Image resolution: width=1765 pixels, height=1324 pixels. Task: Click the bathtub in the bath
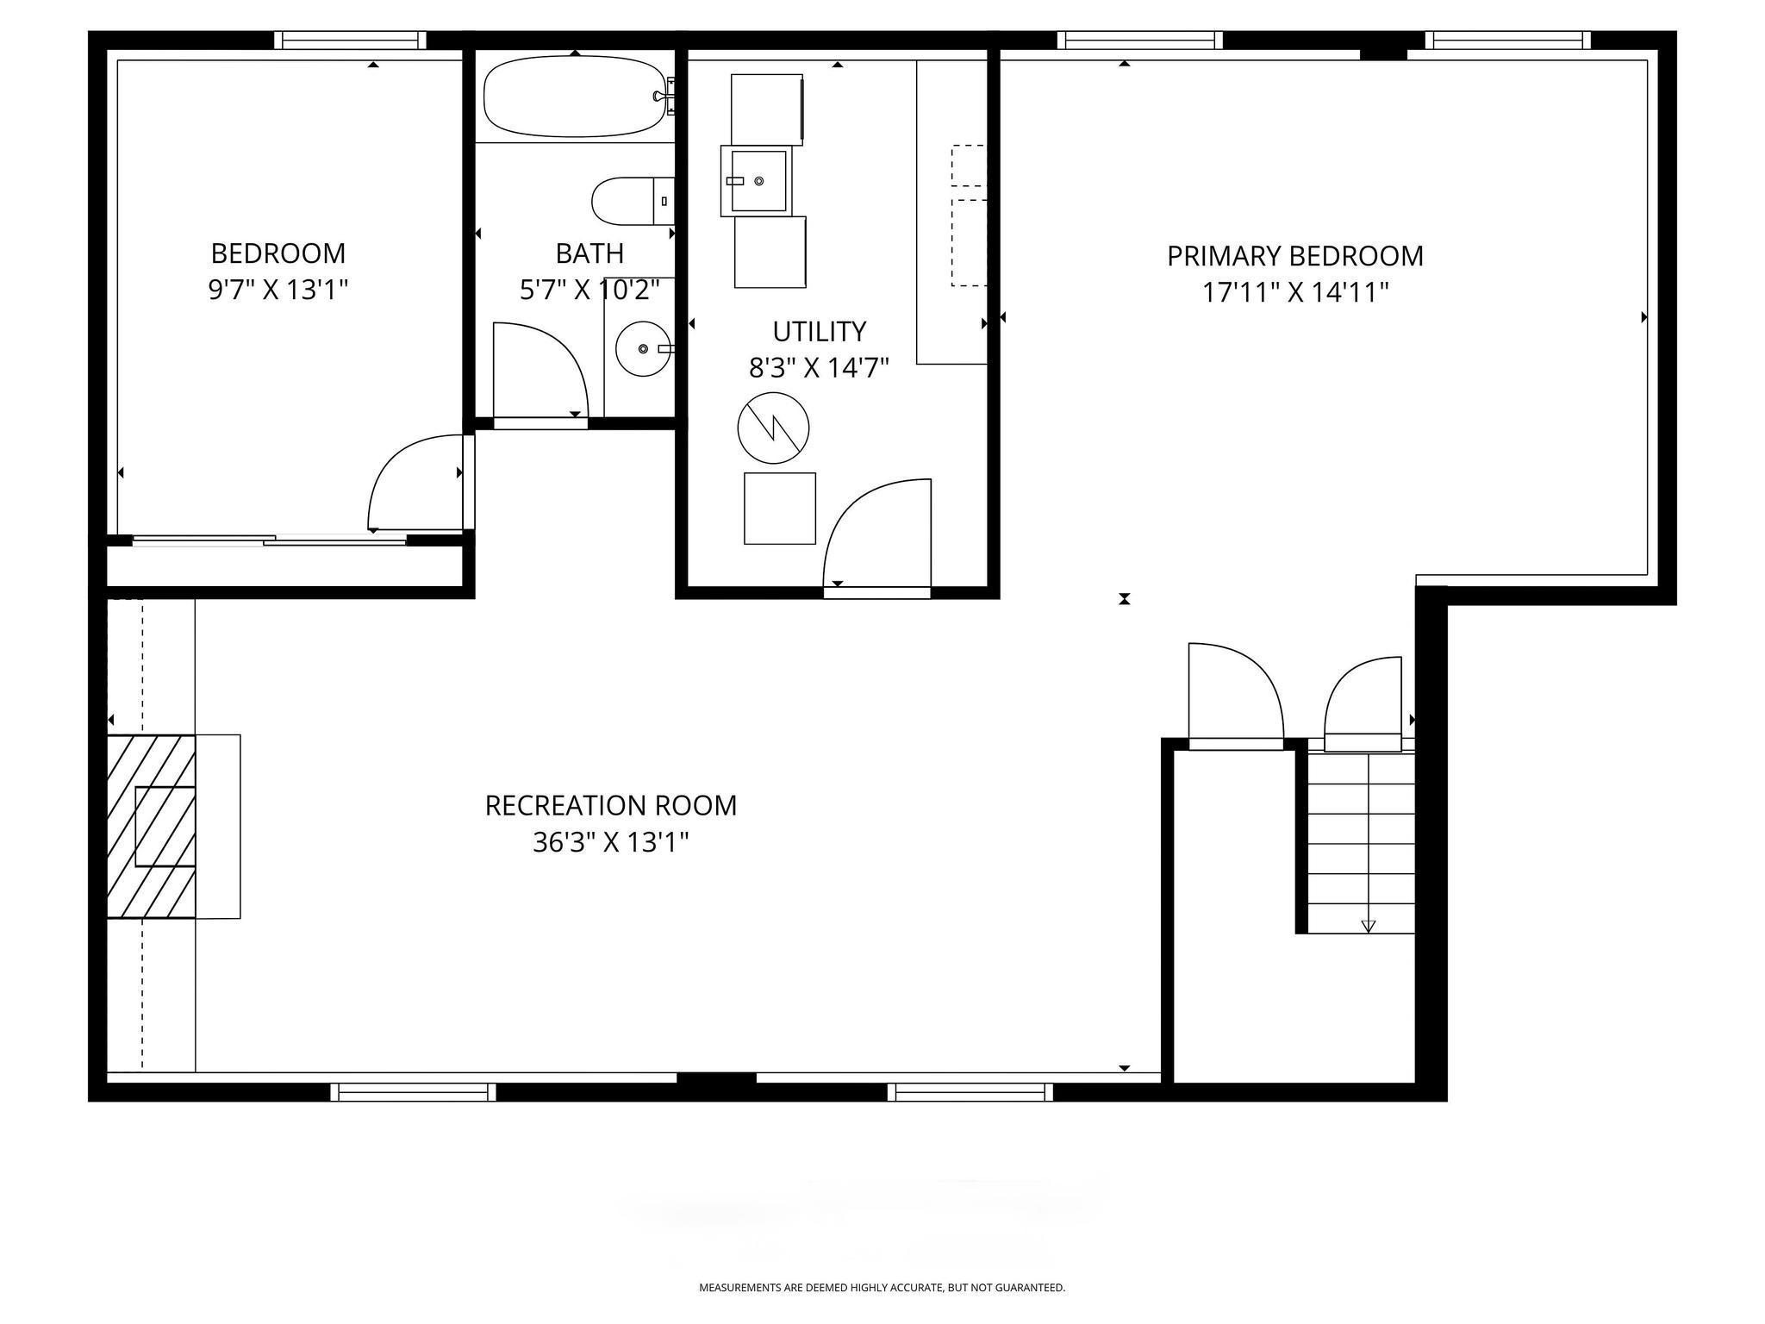pyautogui.click(x=573, y=97)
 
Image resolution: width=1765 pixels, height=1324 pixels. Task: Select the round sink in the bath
pyautogui.click(x=642, y=348)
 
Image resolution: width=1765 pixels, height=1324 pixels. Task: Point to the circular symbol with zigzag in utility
pyautogui.click(x=773, y=428)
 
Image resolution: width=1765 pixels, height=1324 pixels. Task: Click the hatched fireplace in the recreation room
pyautogui.click(x=151, y=826)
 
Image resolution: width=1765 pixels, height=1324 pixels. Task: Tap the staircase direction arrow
pyautogui.click(x=1368, y=926)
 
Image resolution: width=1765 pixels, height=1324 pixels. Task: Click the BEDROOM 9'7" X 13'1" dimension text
pyautogui.click(x=278, y=290)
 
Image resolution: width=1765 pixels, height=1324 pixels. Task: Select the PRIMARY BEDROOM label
pyautogui.click(x=1294, y=256)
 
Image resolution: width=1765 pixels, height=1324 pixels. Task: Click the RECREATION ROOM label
pyautogui.click(x=610, y=805)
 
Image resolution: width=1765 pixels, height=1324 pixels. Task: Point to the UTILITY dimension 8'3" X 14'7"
pyautogui.click(x=818, y=369)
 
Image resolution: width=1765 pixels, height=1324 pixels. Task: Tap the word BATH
pyautogui.click(x=589, y=253)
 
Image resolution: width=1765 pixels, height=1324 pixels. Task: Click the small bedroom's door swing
pyautogui.click(x=417, y=483)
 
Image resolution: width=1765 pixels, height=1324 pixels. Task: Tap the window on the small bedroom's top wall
pyautogui.click(x=350, y=41)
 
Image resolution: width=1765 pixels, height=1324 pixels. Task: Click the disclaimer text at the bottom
pyautogui.click(x=882, y=1288)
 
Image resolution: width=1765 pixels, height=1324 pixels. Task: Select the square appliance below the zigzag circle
pyautogui.click(x=779, y=509)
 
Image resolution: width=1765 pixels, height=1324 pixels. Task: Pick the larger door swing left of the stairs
pyautogui.click(x=1234, y=692)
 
